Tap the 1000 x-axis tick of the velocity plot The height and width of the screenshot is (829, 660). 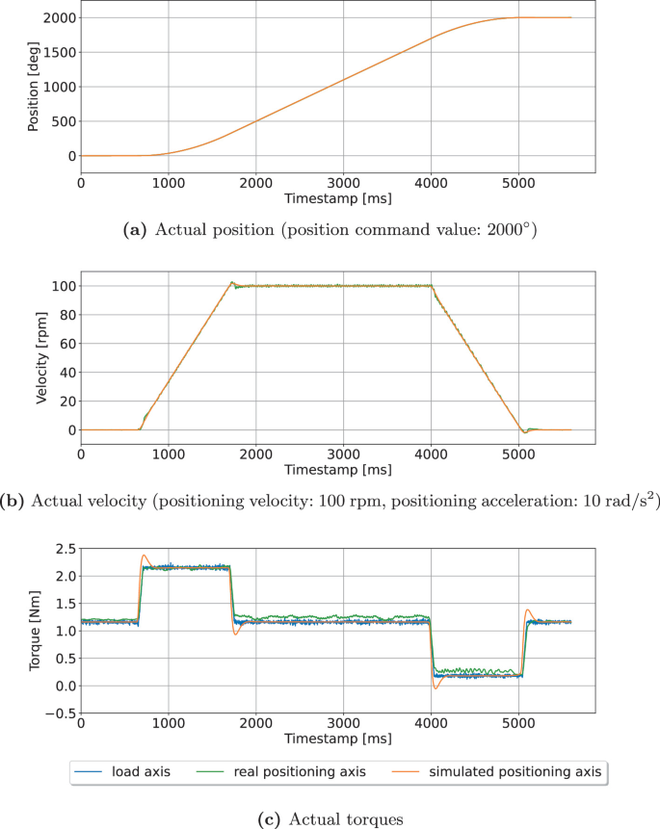pos(168,455)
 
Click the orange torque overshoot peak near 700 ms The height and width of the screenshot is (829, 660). pos(145,556)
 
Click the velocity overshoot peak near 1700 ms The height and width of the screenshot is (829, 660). pos(231,282)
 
